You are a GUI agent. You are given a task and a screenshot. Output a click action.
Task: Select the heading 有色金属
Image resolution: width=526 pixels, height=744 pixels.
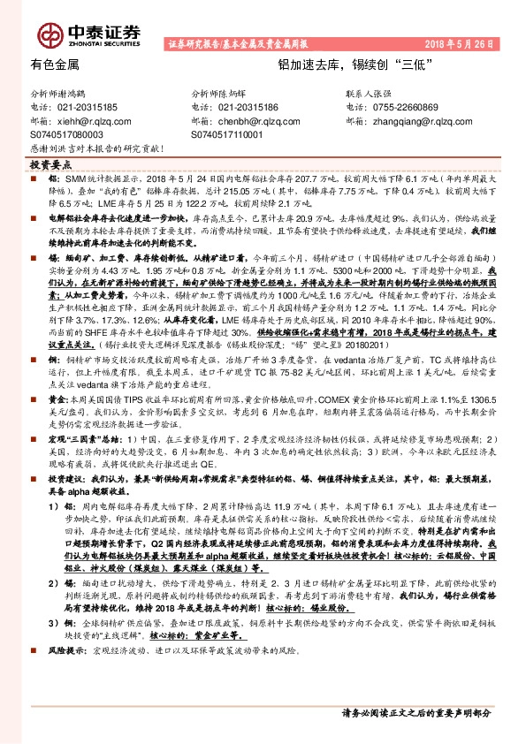pyautogui.click(x=55, y=65)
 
